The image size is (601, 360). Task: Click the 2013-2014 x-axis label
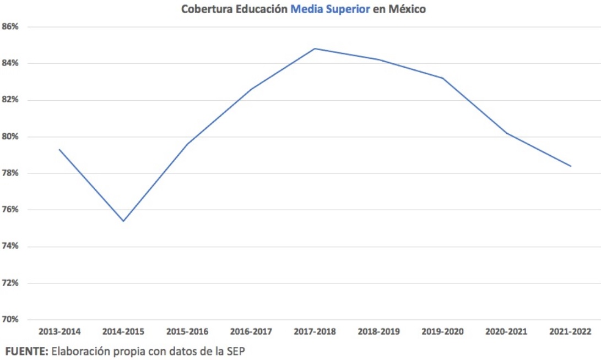pyautogui.click(x=59, y=331)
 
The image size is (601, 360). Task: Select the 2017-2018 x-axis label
pyautogui.click(x=315, y=331)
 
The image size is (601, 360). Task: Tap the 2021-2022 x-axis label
pyautogui.click(x=570, y=331)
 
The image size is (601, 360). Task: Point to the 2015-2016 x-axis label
pyautogui.click(x=187, y=331)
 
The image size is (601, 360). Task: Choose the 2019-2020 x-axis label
pyautogui.click(x=443, y=331)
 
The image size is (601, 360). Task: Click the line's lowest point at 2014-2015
pyautogui.click(x=123, y=221)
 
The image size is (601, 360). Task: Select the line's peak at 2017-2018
pyautogui.click(x=315, y=48)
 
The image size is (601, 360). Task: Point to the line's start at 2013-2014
pyautogui.click(x=59, y=149)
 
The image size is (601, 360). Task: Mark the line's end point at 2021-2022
pyautogui.click(x=571, y=166)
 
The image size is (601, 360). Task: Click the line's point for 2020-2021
pyautogui.click(x=507, y=133)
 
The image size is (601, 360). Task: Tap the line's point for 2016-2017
pyautogui.click(x=251, y=89)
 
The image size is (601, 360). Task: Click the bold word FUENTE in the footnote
pyautogui.click(x=26, y=350)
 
